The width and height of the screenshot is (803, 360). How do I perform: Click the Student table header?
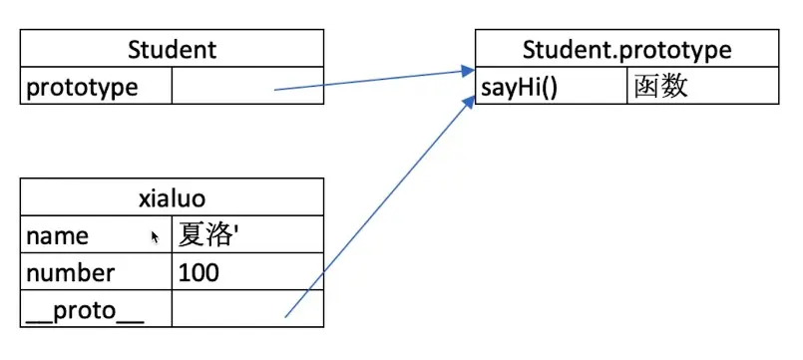click(173, 49)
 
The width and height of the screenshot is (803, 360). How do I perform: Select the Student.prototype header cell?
click(626, 49)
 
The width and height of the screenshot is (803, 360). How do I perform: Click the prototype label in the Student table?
click(83, 87)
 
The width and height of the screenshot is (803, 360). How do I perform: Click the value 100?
click(200, 272)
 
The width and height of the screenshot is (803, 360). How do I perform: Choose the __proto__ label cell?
click(86, 309)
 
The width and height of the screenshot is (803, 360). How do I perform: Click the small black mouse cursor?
click(155, 237)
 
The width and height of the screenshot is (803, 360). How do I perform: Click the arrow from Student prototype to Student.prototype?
click(369, 80)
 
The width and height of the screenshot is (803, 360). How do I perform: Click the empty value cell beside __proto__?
click(247, 309)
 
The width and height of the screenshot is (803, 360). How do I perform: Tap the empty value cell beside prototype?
click(247, 87)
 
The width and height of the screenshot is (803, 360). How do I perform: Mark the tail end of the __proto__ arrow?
click(286, 316)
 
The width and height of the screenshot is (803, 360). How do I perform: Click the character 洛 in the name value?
click(222, 235)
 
